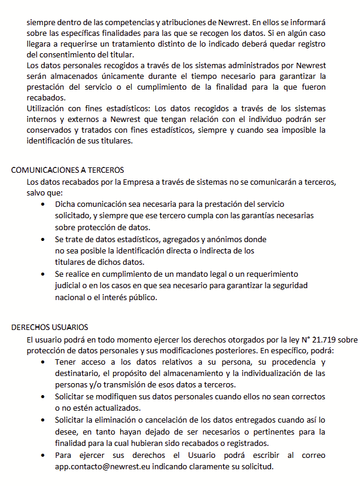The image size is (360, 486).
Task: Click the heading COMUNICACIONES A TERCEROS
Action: [x=68, y=170]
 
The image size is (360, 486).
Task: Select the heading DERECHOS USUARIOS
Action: [x=50, y=327]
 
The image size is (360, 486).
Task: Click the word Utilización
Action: [x=49, y=108]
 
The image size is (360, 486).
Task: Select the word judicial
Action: [x=69, y=285]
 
